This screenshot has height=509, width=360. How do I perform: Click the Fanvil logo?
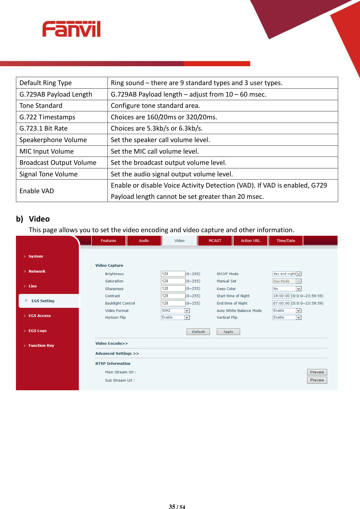tap(71, 29)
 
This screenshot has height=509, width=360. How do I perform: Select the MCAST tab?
tap(215, 241)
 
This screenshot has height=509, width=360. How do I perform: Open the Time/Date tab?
tap(286, 241)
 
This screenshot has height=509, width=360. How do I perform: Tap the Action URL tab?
tap(250, 241)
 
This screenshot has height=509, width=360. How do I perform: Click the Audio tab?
tap(144, 241)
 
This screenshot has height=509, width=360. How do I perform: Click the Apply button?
tap(228, 332)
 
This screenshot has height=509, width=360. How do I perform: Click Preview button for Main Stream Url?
tap(317, 372)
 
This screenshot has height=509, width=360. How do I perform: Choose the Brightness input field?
tap(173, 274)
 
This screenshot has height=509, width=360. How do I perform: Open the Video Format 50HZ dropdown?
tap(175, 310)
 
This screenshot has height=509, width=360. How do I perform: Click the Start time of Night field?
tap(281, 296)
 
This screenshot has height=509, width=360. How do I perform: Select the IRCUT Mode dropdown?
tap(286, 274)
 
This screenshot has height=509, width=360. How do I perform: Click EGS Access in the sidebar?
tap(40, 316)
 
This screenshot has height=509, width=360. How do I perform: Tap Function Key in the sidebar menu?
tap(41, 346)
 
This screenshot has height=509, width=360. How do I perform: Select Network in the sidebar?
tap(37, 271)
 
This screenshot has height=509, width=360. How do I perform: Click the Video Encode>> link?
tap(111, 344)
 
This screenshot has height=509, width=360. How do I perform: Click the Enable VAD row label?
tap(37, 191)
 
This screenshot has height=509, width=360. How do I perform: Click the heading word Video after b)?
tap(39, 219)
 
